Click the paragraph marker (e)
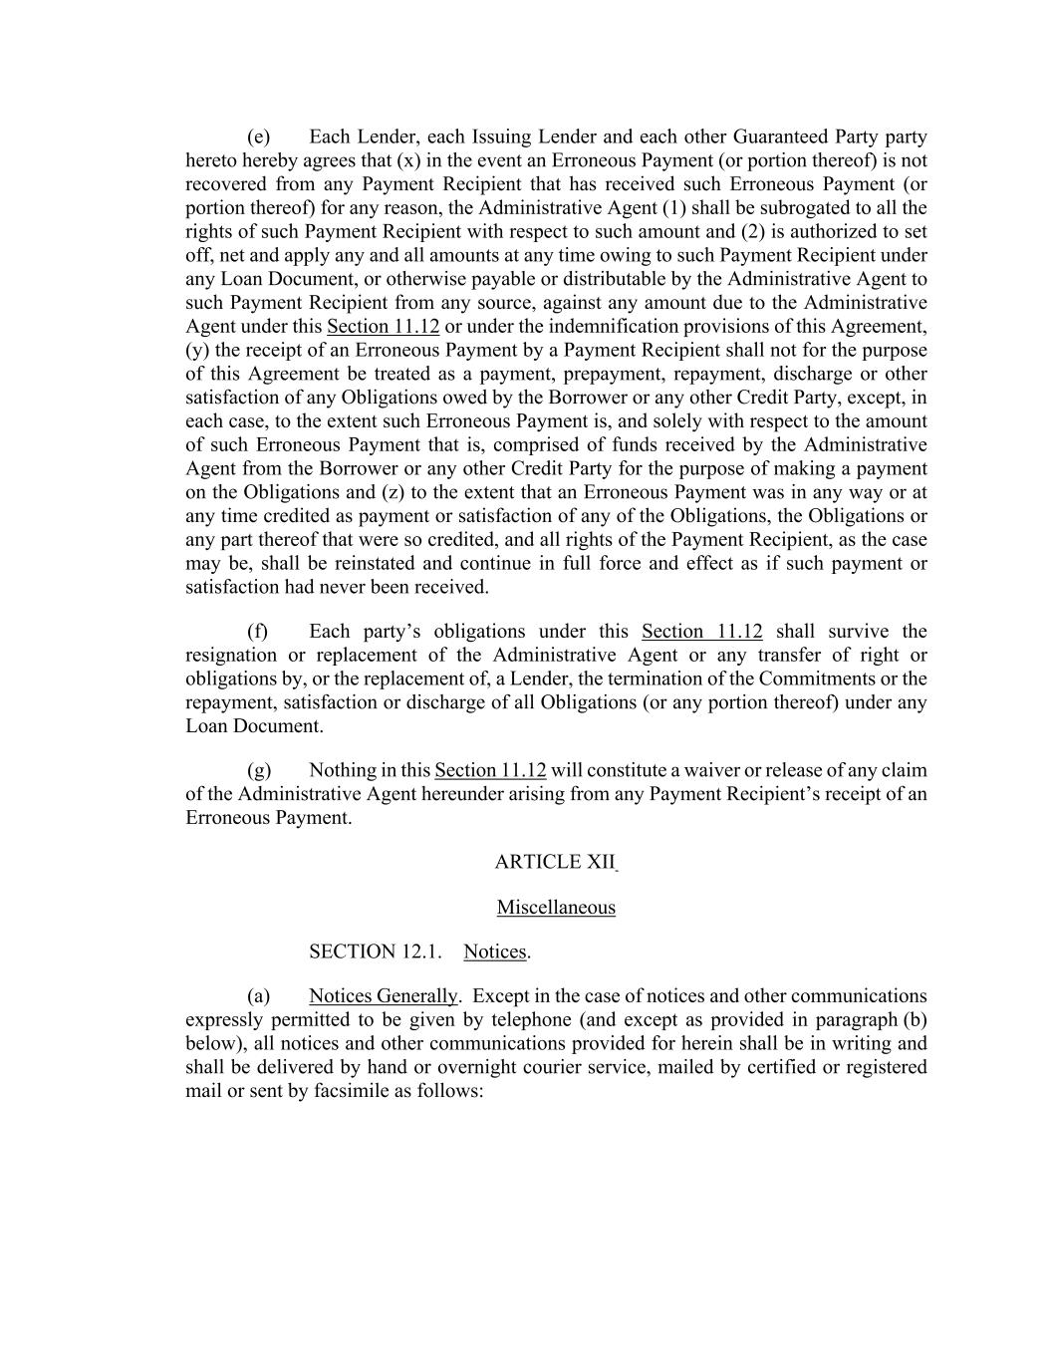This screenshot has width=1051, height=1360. pos(258,137)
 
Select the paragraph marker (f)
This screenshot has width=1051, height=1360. pos(257,632)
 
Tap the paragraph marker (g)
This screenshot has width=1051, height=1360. pos(258,770)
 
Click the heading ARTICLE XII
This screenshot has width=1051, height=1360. pos(554,863)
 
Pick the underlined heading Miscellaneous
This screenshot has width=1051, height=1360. pos(556,908)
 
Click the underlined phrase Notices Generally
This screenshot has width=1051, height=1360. pos(384,996)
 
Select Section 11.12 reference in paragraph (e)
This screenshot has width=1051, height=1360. pos(383,327)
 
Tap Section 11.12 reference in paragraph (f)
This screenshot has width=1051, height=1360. pos(702,632)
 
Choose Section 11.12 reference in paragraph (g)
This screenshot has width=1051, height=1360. pos(490,770)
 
